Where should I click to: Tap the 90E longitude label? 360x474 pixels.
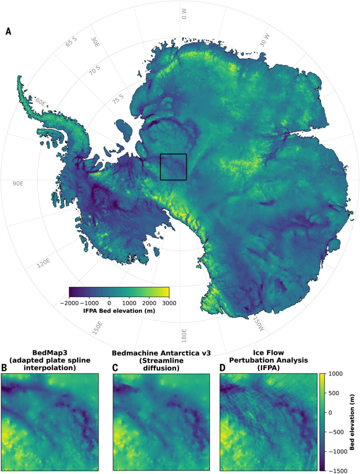point(18,183)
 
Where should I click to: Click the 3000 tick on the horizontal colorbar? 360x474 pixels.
point(169,303)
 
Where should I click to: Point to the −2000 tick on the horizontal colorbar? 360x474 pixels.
point(69,303)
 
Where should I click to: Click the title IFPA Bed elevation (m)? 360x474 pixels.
point(119,311)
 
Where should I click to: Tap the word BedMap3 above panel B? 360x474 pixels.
point(50,353)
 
